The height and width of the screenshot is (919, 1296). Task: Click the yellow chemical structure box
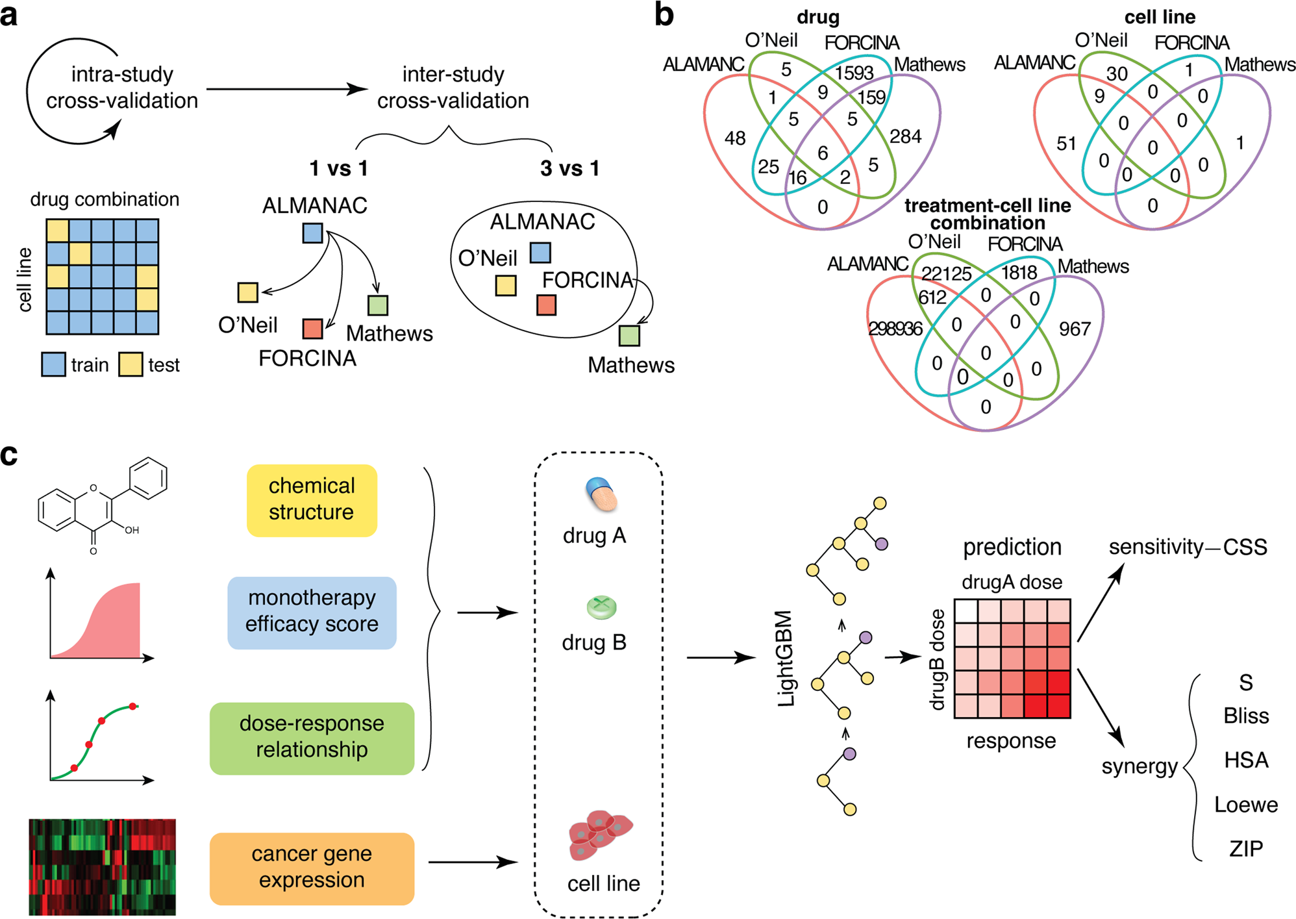pos(312,499)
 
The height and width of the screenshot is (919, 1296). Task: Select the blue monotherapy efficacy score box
pos(312,612)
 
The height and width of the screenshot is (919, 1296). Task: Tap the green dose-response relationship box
pos(312,738)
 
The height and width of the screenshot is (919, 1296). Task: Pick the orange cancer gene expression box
pos(312,868)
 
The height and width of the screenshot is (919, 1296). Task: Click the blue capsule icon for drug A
pos(601,494)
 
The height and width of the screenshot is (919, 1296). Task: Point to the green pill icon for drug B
pos(601,607)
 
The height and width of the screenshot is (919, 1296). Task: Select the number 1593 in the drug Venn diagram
pos(854,72)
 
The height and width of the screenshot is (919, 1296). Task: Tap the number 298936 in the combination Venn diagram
pos(895,329)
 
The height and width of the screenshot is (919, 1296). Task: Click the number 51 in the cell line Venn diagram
pos(1066,144)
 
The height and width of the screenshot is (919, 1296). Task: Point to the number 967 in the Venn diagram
pos(1075,329)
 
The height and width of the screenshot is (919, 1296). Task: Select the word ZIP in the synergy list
pos(1245,848)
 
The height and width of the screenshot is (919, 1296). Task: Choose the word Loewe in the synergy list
pos(1245,805)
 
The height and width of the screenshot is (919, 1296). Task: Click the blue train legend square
pos(53,364)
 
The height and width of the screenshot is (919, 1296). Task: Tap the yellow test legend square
pos(131,364)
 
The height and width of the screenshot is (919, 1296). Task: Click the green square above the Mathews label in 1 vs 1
pos(378,305)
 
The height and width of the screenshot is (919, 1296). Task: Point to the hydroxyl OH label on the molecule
pos(132,530)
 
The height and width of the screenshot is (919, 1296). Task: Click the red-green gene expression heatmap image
pos(102,866)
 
